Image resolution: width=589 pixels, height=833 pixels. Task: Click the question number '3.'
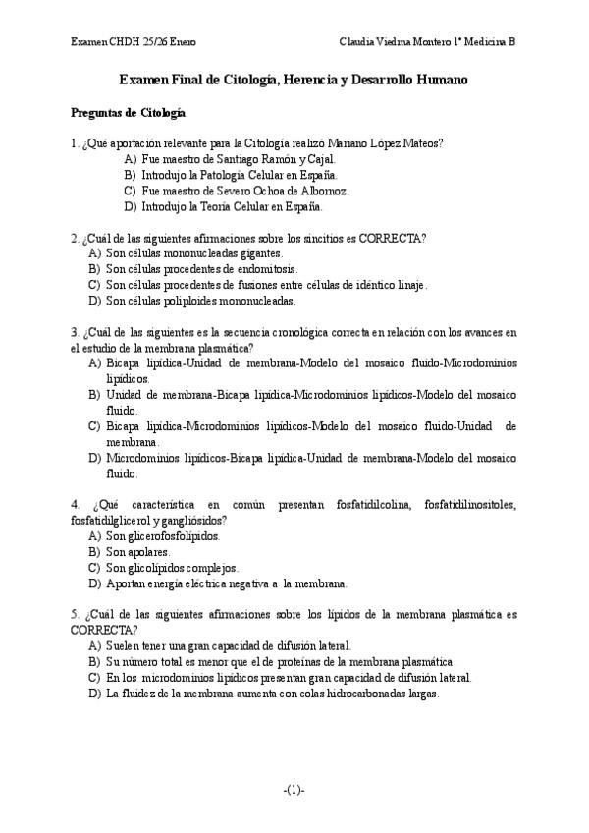[76, 332]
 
